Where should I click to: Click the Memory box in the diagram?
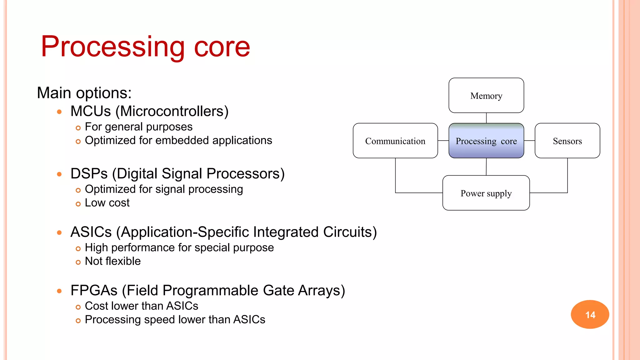(486, 96)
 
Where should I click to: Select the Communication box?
(395, 141)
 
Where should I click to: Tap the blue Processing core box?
(486, 141)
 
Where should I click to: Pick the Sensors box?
(567, 141)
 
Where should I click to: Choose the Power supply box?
(486, 193)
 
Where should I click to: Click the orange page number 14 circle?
(590, 314)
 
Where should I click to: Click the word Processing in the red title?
(112, 47)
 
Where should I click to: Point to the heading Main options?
(84, 93)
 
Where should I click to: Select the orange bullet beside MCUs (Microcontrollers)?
(59, 112)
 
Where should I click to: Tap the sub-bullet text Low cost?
(107, 203)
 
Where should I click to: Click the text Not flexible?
(112, 261)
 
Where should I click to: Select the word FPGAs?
(94, 291)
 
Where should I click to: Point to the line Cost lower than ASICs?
(141, 306)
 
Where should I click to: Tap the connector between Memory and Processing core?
(486, 118)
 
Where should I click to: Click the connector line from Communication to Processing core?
(443, 141)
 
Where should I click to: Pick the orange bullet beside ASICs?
(59, 232)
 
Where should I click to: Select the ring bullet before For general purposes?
(78, 128)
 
